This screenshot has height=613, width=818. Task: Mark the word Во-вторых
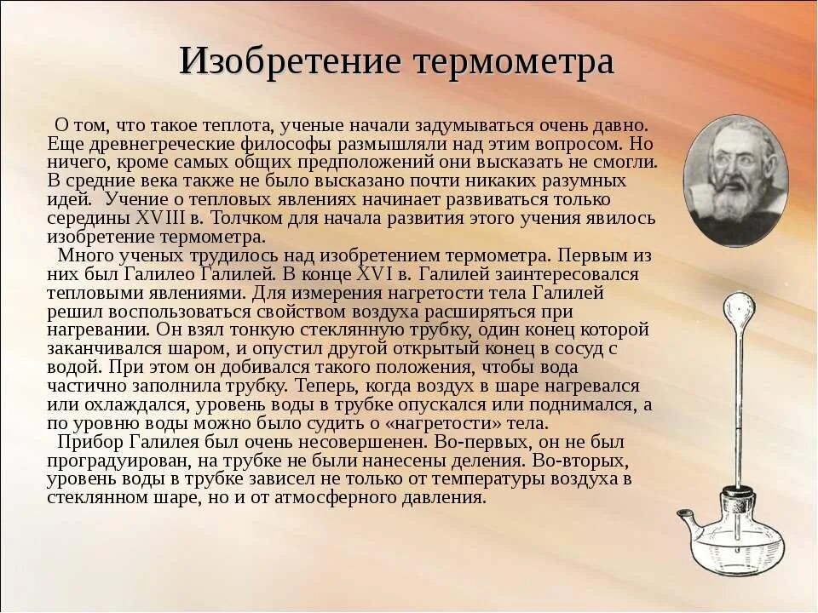(x=580, y=461)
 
